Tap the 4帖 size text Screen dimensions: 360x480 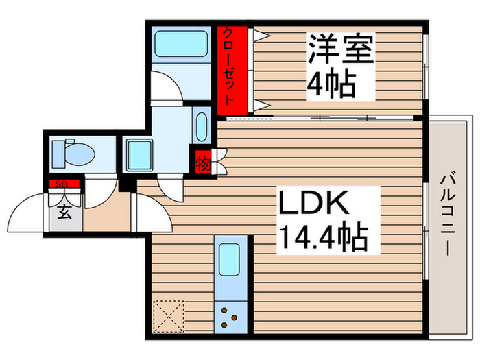(331, 84)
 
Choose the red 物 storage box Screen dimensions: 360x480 (203, 164)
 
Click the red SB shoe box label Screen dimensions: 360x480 (62, 182)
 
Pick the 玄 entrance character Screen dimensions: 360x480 (62, 212)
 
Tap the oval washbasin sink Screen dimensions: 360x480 (201, 126)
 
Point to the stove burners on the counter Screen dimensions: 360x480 (229, 317)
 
